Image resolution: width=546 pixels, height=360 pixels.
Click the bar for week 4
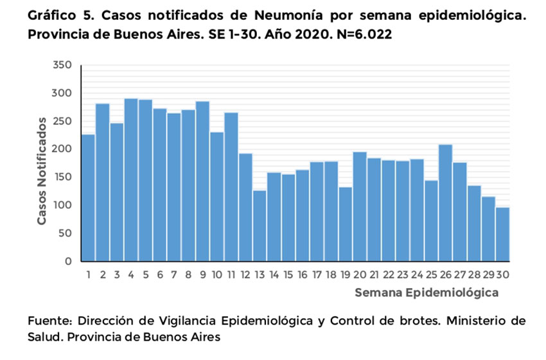[131, 180]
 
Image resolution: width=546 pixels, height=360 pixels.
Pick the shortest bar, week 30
[502, 235]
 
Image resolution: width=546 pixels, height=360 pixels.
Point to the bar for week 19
[345, 224]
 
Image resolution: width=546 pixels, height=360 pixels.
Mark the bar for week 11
[231, 187]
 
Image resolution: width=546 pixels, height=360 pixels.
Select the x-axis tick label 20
[360, 274]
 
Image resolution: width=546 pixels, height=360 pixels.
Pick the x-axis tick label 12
[245, 274]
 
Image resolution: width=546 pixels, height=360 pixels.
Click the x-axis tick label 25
[431, 274]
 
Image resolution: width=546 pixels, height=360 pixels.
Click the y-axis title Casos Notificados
[42, 170]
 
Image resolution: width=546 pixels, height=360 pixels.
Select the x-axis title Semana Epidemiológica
[426, 293]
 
